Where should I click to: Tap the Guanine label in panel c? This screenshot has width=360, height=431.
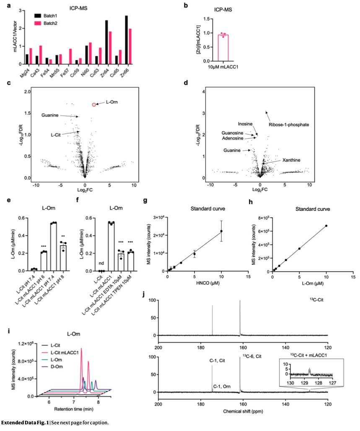click(x=49, y=114)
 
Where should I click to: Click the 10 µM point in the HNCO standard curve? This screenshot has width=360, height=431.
click(x=221, y=231)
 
